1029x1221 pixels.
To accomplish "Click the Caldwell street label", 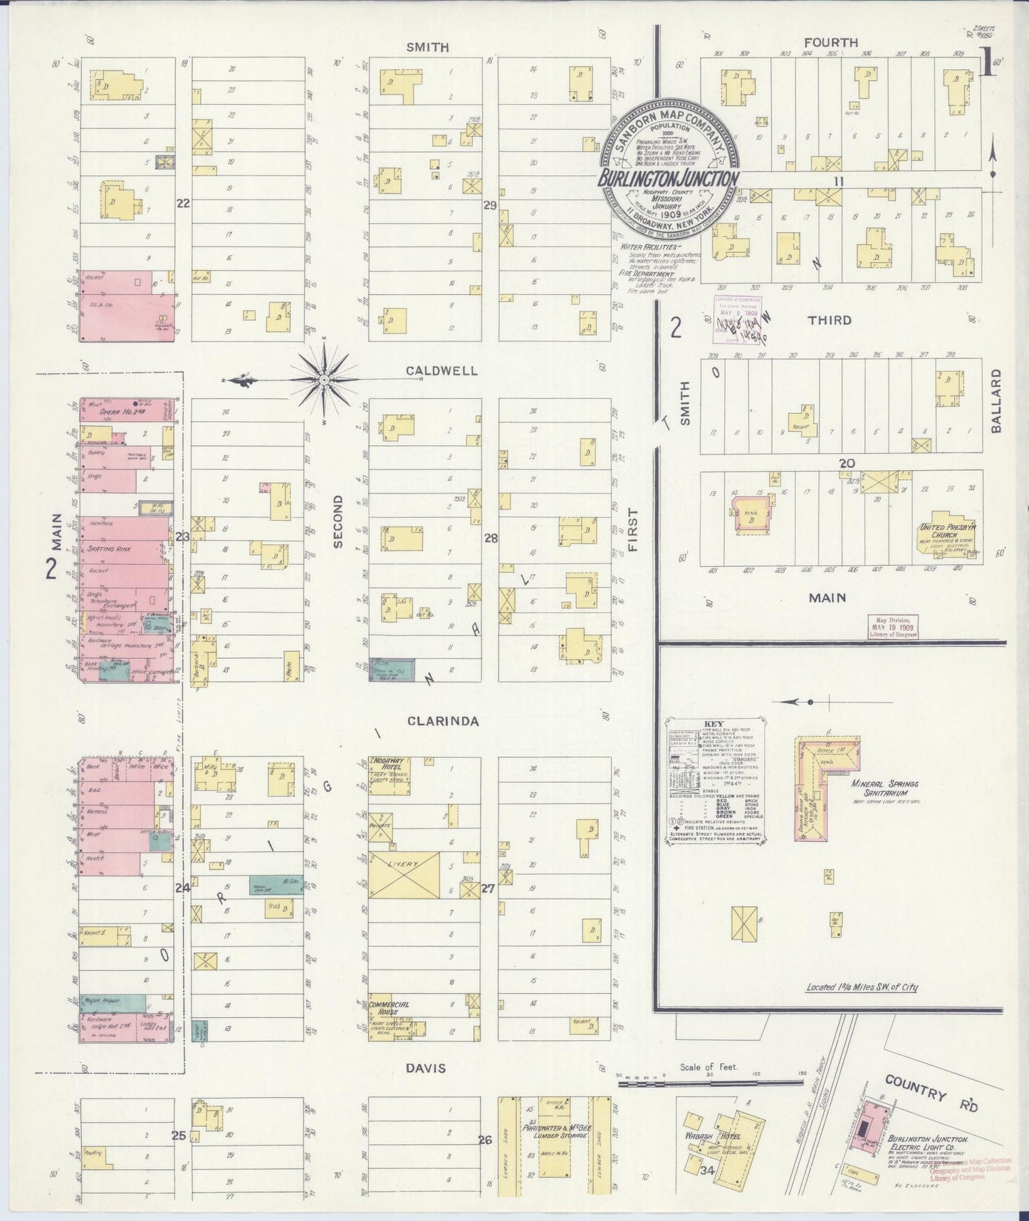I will tap(432, 371).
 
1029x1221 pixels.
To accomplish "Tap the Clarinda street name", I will tap(433, 722).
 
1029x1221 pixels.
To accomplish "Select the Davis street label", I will tap(426, 1068).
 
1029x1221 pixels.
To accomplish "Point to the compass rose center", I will tap(325, 380).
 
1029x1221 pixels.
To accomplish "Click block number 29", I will tap(490, 206).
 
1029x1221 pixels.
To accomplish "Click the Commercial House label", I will tap(389, 1008).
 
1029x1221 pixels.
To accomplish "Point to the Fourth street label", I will tap(831, 43).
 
